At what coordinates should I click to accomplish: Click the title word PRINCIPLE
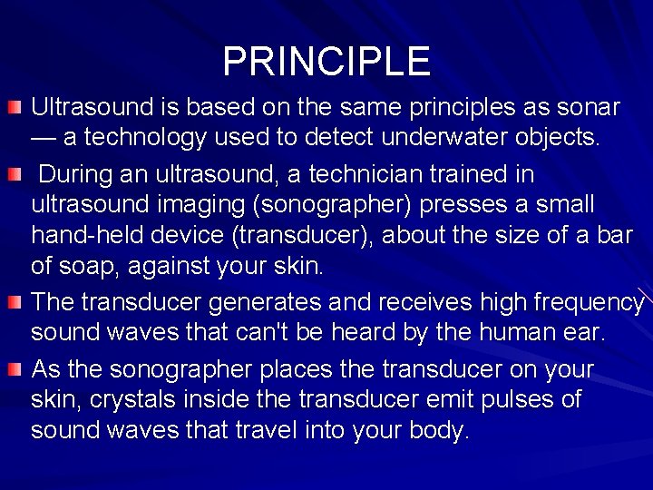[326, 61]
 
